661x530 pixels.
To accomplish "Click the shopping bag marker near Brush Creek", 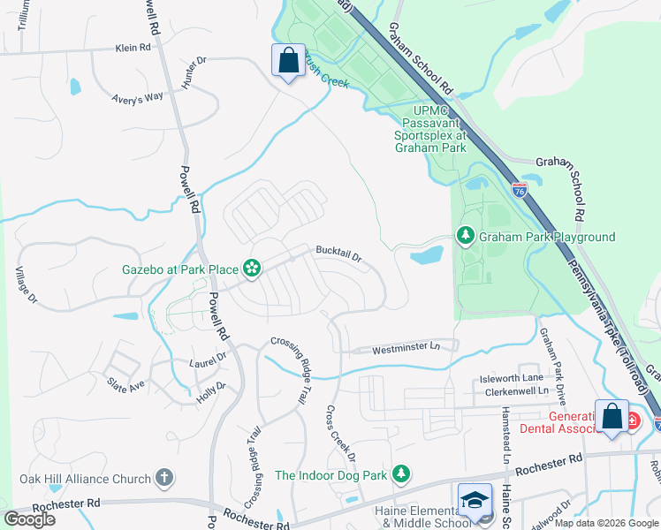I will [288, 62].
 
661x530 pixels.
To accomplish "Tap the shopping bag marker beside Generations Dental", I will [612, 418].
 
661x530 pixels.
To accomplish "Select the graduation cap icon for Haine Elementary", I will [475, 499].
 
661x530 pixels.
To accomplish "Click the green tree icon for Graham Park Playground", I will [466, 236].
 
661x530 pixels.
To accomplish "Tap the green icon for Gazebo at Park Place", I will [252, 269].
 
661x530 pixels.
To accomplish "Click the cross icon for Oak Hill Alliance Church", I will [163, 479].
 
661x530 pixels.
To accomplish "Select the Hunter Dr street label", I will [194, 72].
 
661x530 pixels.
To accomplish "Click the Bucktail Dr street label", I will [339, 255].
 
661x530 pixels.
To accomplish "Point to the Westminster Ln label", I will [406, 347].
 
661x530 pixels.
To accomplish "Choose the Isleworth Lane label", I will [512, 377].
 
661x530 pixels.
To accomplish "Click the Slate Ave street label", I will [125, 386].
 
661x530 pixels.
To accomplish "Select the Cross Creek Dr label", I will [339, 434].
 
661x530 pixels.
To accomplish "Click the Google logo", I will [30, 519].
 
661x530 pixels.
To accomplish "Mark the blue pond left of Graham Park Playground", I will [427, 256].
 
